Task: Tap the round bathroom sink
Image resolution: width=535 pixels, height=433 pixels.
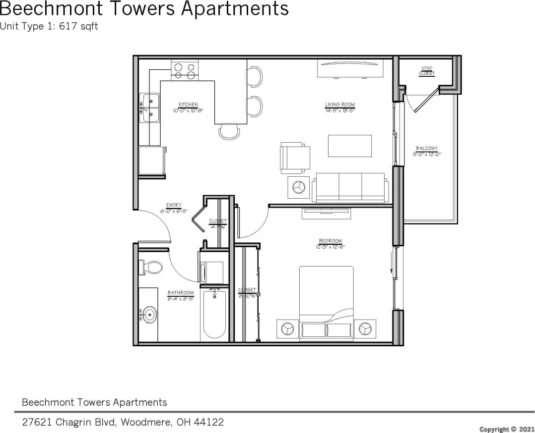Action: (x=149, y=314)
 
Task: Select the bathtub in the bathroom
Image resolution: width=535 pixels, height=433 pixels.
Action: (x=215, y=315)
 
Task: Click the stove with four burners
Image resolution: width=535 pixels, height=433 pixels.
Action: (x=185, y=70)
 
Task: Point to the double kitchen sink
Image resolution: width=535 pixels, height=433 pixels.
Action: (x=149, y=108)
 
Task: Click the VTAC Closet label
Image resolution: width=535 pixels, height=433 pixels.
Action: (x=427, y=71)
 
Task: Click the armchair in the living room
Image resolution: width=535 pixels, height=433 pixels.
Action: (x=295, y=158)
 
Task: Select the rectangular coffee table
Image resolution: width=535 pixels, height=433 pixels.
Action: (x=349, y=146)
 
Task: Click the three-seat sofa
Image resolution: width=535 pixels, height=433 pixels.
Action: (x=350, y=187)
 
